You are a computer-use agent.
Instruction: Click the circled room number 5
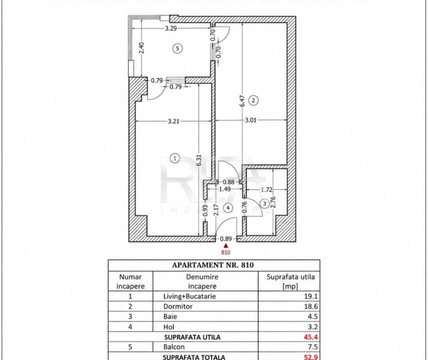click(177, 48)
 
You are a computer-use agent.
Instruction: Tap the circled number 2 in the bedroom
click(253, 100)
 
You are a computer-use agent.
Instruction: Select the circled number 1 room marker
click(174, 158)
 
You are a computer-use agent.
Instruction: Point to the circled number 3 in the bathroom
click(264, 203)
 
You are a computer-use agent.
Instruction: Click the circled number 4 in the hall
click(228, 208)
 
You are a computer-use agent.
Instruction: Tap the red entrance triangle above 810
click(225, 246)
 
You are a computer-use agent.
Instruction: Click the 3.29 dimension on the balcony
click(171, 28)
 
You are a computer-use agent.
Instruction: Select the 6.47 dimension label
click(242, 101)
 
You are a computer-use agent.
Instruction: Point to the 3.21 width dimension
click(173, 121)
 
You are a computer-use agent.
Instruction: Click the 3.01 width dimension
click(250, 120)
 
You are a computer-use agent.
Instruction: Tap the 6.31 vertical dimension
click(199, 160)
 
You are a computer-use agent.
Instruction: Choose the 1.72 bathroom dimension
click(266, 189)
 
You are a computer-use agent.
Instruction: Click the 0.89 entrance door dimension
click(225, 239)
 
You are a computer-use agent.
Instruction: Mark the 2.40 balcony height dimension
click(141, 48)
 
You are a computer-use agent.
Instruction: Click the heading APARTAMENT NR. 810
click(213, 265)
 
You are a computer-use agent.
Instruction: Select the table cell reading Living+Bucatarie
click(189, 296)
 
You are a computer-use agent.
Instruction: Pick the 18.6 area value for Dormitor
click(311, 306)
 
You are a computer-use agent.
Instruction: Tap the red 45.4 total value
click(311, 337)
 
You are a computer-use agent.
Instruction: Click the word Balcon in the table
click(174, 347)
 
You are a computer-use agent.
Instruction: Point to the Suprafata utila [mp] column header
click(290, 281)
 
